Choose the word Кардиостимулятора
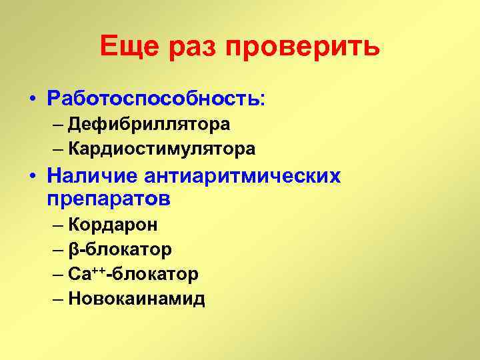point(161,149)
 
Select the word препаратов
point(109,199)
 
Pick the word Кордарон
point(113,225)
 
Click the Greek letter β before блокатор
point(73,251)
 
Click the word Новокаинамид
point(136,299)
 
